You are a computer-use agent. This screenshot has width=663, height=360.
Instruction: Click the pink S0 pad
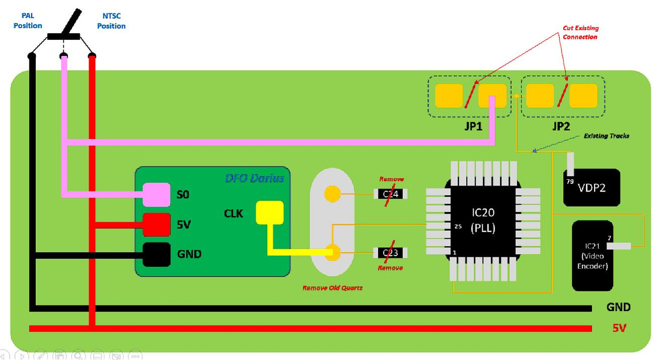(x=156, y=195)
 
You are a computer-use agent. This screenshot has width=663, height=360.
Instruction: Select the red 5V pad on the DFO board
(x=156, y=225)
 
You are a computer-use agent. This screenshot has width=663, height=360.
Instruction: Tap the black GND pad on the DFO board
(x=156, y=254)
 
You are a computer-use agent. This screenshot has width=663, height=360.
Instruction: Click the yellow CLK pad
(x=270, y=212)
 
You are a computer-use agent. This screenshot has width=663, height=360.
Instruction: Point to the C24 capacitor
(x=390, y=194)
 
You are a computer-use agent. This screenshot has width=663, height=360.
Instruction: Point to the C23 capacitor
(x=390, y=253)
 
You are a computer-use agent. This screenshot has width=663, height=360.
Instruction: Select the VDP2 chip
(x=592, y=188)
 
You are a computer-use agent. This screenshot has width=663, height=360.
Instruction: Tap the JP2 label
(x=561, y=126)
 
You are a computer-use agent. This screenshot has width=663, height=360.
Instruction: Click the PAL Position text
(x=27, y=21)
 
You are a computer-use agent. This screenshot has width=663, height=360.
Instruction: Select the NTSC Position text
(x=111, y=21)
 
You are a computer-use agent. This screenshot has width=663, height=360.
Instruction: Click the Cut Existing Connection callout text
(x=580, y=33)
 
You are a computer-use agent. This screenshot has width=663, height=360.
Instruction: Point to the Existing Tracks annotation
(x=607, y=136)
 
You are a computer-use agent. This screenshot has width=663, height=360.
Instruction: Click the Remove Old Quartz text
(x=332, y=287)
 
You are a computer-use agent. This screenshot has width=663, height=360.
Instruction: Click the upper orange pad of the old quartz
(x=331, y=194)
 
